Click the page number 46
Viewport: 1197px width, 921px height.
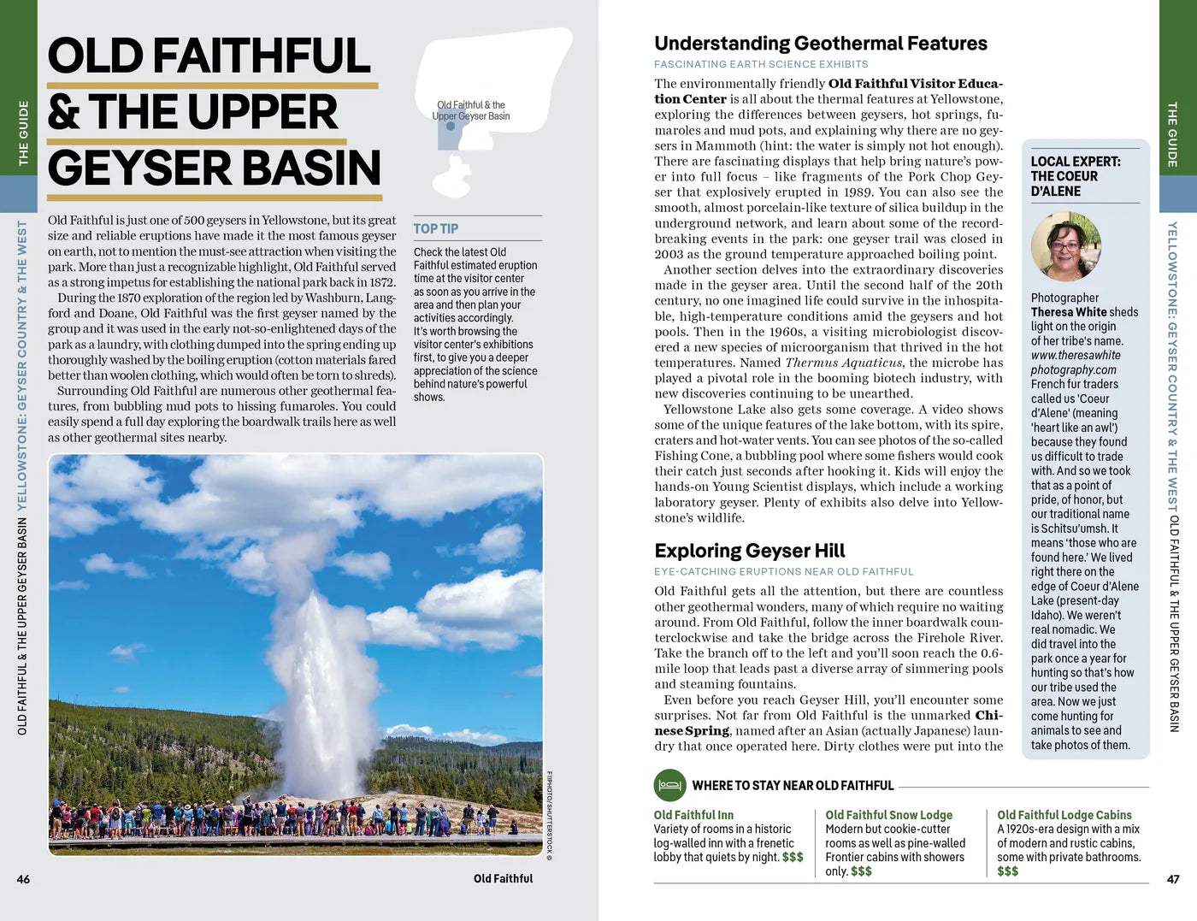pyautogui.click(x=23, y=879)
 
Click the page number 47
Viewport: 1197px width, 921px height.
pyautogui.click(x=1173, y=879)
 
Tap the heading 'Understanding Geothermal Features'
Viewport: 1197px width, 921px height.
pyautogui.click(x=820, y=44)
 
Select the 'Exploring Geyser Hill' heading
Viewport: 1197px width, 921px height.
pyautogui.click(x=749, y=551)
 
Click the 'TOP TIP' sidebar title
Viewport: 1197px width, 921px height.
pyautogui.click(x=436, y=228)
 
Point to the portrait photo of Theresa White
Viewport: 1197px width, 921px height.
pyautogui.click(x=1065, y=246)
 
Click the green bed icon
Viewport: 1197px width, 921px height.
pyautogui.click(x=669, y=785)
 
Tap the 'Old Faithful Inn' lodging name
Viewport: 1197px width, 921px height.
pyautogui.click(x=693, y=815)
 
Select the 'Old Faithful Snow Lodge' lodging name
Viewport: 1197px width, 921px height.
pyautogui.click(x=888, y=815)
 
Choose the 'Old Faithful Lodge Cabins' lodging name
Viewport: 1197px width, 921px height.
pyautogui.click(x=1064, y=815)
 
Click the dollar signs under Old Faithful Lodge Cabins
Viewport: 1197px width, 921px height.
pyautogui.click(x=1007, y=871)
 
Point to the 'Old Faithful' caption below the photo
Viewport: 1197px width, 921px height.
pyautogui.click(x=503, y=878)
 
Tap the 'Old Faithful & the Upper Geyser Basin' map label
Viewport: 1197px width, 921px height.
pyautogui.click(x=471, y=110)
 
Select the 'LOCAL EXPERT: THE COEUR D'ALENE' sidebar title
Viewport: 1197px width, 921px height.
pyautogui.click(x=1075, y=176)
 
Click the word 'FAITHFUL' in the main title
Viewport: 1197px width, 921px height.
pyautogui.click(x=262, y=56)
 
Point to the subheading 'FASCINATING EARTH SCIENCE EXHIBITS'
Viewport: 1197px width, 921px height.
pyautogui.click(x=760, y=64)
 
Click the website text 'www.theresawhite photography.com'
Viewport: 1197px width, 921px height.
pyautogui.click(x=1075, y=363)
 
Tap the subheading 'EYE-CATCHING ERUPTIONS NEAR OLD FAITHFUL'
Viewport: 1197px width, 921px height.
pyautogui.click(x=783, y=571)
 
